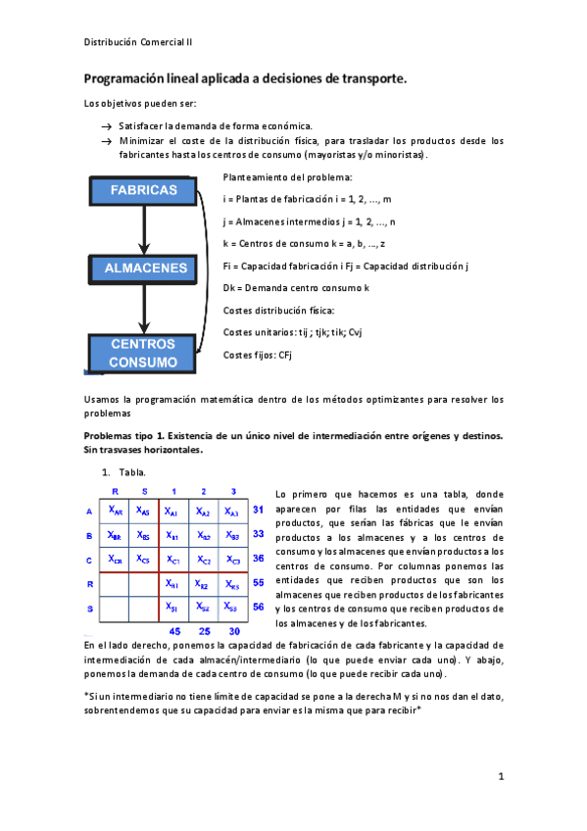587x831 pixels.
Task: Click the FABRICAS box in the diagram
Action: (143, 190)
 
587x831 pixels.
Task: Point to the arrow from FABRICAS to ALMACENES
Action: (143, 230)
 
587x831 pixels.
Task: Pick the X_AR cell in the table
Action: (115, 511)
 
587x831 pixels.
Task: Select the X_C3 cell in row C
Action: (232, 560)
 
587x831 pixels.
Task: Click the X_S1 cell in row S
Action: (172, 608)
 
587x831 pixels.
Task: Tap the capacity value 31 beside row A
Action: (259, 511)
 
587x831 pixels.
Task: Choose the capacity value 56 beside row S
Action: (259, 608)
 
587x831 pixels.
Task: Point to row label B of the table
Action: (89, 535)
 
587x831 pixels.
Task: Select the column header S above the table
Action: (143, 491)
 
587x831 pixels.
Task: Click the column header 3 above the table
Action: (233, 491)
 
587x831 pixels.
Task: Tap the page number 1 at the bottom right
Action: (500, 777)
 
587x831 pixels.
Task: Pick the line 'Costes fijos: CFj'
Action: (259, 354)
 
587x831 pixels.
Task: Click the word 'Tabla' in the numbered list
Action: (133, 472)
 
